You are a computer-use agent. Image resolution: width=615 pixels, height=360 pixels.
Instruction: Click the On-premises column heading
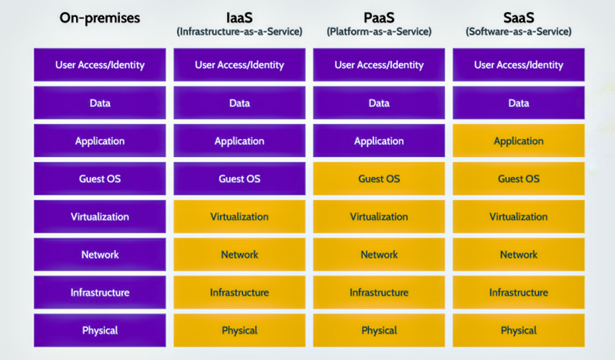click(x=99, y=18)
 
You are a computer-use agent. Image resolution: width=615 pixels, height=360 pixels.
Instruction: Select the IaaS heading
click(x=239, y=17)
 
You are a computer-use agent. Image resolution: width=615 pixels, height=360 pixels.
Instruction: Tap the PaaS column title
click(x=379, y=17)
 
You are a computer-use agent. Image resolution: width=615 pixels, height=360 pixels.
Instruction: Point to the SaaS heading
click(x=519, y=17)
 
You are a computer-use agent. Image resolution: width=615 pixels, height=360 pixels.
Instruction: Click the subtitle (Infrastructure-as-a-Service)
click(x=239, y=32)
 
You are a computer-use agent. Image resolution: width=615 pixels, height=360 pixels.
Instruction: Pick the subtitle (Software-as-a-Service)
click(x=519, y=32)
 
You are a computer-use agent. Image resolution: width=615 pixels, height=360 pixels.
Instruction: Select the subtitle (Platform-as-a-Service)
click(x=379, y=32)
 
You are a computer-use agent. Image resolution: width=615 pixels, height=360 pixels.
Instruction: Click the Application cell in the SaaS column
click(x=519, y=141)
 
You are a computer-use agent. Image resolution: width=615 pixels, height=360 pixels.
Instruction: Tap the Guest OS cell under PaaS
click(x=379, y=178)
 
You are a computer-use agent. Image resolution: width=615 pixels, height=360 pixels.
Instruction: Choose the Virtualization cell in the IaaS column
click(x=239, y=216)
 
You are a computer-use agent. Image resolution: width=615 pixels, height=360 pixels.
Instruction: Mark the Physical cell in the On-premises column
click(x=99, y=330)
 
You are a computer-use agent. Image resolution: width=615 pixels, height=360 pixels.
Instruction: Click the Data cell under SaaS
click(x=519, y=103)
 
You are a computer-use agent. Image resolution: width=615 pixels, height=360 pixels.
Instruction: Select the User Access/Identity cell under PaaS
click(x=379, y=65)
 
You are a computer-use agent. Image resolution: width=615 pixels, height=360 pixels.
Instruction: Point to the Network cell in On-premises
click(x=99, y=254)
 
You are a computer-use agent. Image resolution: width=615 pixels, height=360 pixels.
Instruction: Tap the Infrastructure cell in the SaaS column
click(x=519, y=292)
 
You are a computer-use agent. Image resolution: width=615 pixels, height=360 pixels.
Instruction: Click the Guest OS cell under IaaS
click(x=239, y=178)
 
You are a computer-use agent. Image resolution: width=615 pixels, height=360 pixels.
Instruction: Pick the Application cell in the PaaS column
click(x=379, y=141)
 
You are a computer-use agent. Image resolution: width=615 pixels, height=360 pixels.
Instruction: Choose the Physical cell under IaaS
click(x=239, y=330)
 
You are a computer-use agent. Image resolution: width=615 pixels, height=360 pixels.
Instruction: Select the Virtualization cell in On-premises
click(x=99, y=216)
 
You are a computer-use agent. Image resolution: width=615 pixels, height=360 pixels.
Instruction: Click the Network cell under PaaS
click(x=379, y=254)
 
